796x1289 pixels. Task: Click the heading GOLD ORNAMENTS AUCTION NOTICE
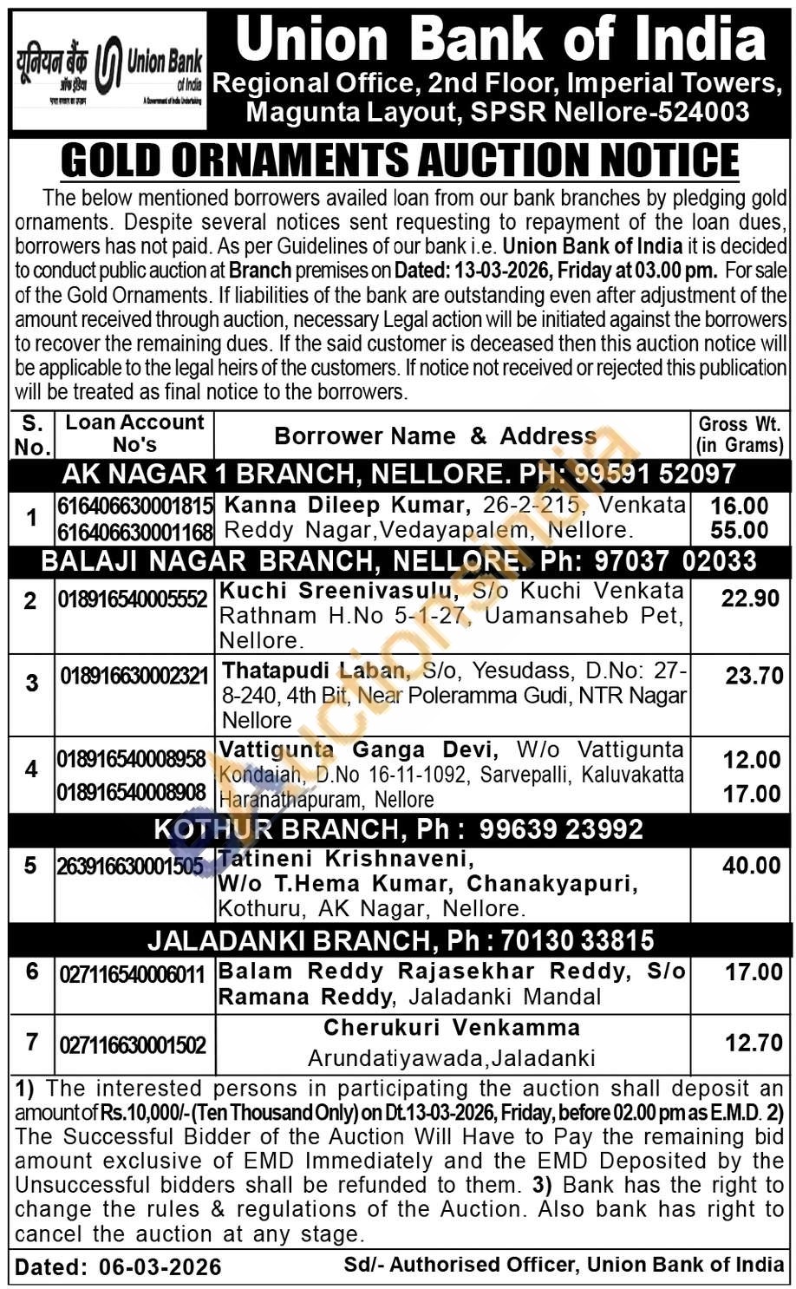tap(401, 160)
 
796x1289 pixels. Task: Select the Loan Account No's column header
tap(134, 434)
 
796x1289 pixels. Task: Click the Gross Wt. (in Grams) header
tap(741, 435)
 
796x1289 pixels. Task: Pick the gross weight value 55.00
tap(740, 530)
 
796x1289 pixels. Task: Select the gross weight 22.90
tap(750, 599)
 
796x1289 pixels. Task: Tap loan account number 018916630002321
tap(134, 676)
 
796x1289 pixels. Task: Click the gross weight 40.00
tap(751, 866)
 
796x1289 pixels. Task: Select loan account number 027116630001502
tap(133, 1044)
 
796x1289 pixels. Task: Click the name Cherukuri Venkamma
tap(452, 1028)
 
